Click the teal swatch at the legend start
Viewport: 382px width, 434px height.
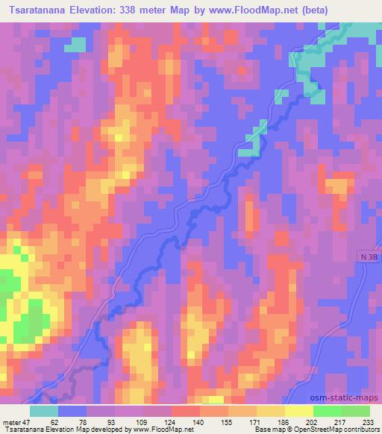tap(44, 411)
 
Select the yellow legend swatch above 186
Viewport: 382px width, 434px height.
tap(271, 411)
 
